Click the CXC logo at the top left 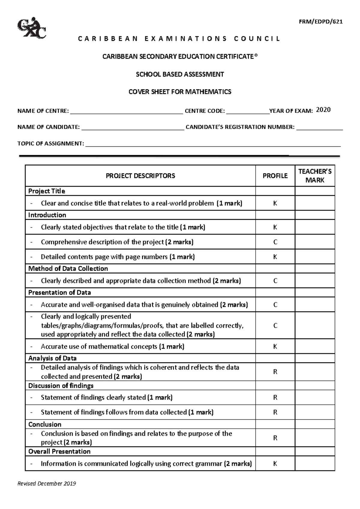point(32,28)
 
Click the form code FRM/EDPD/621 point(320,22)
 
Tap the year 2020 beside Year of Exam point(323,110)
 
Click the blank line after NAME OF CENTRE point(126,112)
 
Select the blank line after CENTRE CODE point(247,112)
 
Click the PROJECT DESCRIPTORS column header point(140,176)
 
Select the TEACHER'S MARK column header point(315,176)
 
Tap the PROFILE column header point(275,176)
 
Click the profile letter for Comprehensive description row point(275,242)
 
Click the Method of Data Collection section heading point(68,269)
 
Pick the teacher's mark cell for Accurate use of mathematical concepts point(315,347)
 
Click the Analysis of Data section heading point(52,358)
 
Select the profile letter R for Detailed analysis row point(275,372)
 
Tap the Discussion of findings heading point(61,385)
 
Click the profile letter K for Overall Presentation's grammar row point(275,464)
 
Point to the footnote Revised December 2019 point(46,484)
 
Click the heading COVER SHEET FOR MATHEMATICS point(180,92)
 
